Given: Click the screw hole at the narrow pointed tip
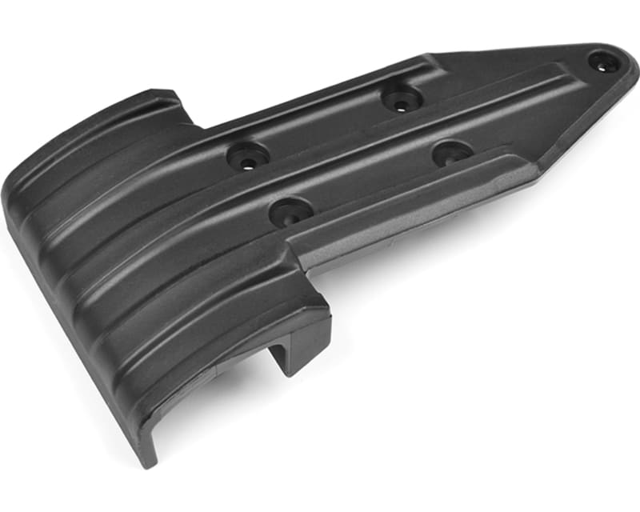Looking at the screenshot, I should coord(602,61).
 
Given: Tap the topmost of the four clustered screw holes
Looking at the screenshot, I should coord(401,99).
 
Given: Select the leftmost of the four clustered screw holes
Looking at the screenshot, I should coord(247,156).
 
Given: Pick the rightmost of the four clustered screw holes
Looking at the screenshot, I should coord(453,152).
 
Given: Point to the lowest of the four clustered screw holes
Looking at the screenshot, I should coord(289,213).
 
